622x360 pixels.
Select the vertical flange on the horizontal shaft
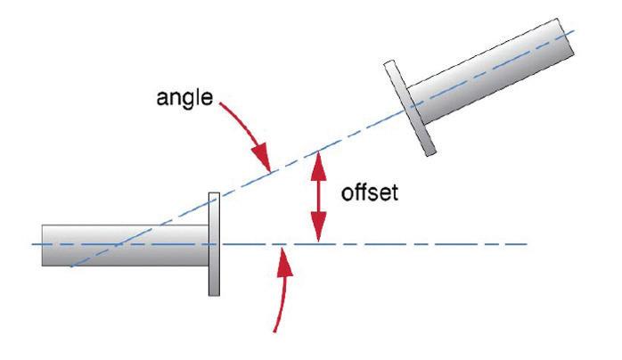(x=214, y=243)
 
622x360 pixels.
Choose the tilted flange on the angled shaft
(x=405, y=106)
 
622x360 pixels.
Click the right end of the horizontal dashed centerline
(x=527, y=243)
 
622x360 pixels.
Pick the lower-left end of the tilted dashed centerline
(x=71, y=266)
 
